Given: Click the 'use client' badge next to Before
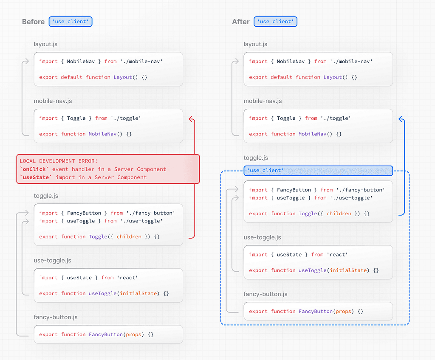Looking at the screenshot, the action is pyautogui.click(x=71, y=22).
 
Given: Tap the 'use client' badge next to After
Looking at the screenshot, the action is pyautogui.click(x=275, y=22).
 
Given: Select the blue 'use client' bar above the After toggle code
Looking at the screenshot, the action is pyautogui.click(x=318, y=171).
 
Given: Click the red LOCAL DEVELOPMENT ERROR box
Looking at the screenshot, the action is pyautogui.click(x=108, y=169).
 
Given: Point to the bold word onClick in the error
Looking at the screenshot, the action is pyautogui.click(x=34, y=169).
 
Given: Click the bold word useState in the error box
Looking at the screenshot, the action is pyautogui.click(x=36, y=177).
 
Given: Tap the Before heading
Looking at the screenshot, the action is pyautogui.click(x=33, y=22).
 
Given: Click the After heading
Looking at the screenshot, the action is pyautogui.click(x=241, y=22).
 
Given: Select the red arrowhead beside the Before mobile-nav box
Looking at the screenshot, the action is pyautogui.click(x=191, y=119).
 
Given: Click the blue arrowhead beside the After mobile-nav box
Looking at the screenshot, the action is pyautogui.click(x=401, y=119).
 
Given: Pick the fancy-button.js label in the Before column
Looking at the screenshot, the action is pyautogui.click(x=56, y=317).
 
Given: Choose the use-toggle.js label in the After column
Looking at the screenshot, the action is pyautogui.click(x=262, y=237).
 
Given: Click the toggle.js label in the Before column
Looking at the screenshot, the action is pyautogui.click(x=46, y=196).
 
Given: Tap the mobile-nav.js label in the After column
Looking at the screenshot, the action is pyautogui.click(x=263, y=101).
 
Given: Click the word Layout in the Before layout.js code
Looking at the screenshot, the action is pyautogui.click(x=123, y=77).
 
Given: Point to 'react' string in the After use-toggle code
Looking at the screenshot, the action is pyautogui.click(x=337, y=255).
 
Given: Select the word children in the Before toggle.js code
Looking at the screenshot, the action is pyautogui.click(x=129, y=236).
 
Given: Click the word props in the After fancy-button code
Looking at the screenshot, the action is pyautogui.click(x=343, y=312).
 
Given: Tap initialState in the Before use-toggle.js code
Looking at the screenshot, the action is pyautogui.click(x=138, y=293).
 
